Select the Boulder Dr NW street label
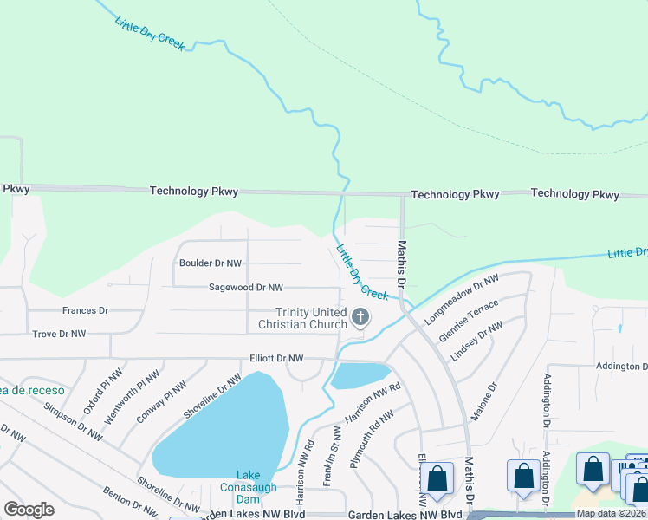click(x=211, y=263)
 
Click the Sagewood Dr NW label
click(x=246, y=287)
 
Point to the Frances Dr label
click(x=85, y=309)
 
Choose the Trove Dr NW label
click(x=59, y=333)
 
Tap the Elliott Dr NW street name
click(x=277, y=357)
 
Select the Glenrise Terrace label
click(x=469, y=322)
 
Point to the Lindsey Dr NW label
click(x=476, y=341)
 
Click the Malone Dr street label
click(x=483, y=403)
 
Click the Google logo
click(x=29, y=509)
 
